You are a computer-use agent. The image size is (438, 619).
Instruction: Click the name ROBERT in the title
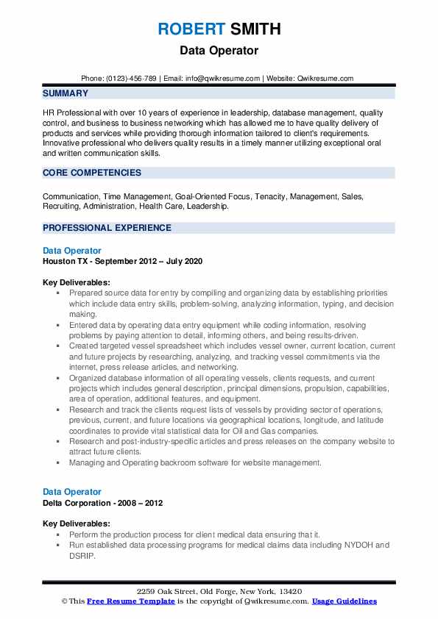[x=190, y=29]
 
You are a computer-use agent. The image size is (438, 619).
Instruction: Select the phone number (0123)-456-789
[x=132, y=78]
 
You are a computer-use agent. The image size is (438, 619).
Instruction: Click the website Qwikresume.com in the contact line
[x=325, y=78]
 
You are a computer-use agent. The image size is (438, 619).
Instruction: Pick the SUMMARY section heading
[x=66, y=93]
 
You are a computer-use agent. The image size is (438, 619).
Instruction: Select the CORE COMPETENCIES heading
[x=92, y=173]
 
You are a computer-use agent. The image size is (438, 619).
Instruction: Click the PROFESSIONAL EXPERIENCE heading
[x=107, y=228]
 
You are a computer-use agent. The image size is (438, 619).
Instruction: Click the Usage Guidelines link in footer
[x=344, y=601]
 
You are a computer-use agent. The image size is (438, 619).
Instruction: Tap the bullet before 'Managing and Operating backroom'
[x=57, y=463]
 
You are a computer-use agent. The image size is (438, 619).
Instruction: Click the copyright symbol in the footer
[x=65, y=601]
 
